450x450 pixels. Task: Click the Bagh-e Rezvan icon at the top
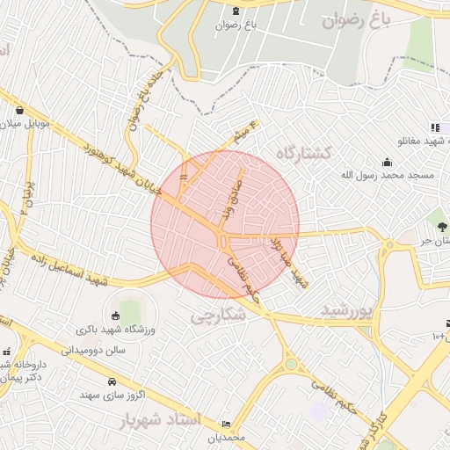tap(236, 11)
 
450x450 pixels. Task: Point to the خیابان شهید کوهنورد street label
tap(122, 168)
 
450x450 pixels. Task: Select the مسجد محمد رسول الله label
tap(388, 176)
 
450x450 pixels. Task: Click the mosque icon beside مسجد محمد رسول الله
tap(388, 162)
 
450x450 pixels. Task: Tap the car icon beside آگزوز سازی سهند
tap(112, 382)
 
